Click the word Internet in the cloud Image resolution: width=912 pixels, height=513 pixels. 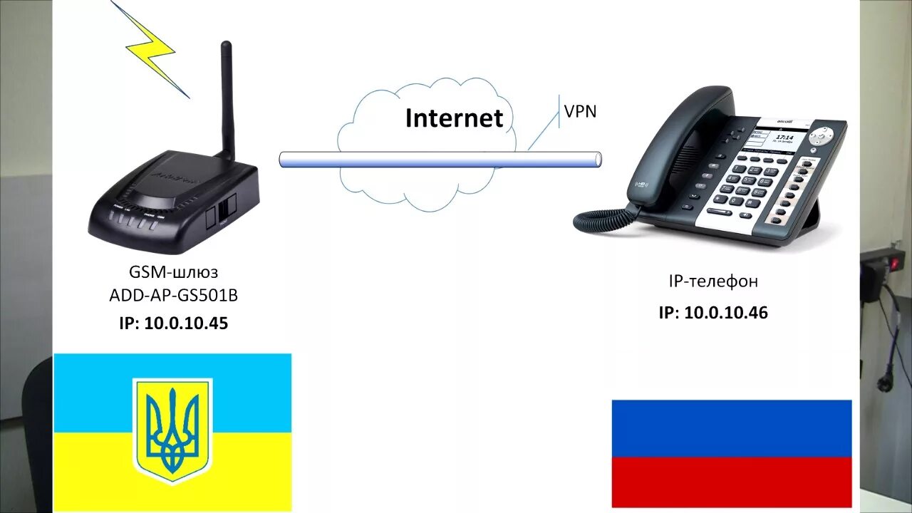click(454, 118)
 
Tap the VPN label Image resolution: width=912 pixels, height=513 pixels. click(580, 111)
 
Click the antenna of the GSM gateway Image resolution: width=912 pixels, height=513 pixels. click(227, 100)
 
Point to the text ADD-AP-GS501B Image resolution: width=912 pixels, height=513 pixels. click(174, 296)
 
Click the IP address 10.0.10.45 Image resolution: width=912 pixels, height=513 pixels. click(186, 323)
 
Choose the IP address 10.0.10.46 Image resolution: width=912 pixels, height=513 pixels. click(726, 312)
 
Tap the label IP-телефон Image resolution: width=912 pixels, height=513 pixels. click(712, 281)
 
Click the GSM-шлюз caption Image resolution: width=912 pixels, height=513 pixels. click(174, 271)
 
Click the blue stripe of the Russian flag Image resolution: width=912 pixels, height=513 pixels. click(732, 428)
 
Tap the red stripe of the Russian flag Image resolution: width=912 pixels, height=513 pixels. click(732, 482)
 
